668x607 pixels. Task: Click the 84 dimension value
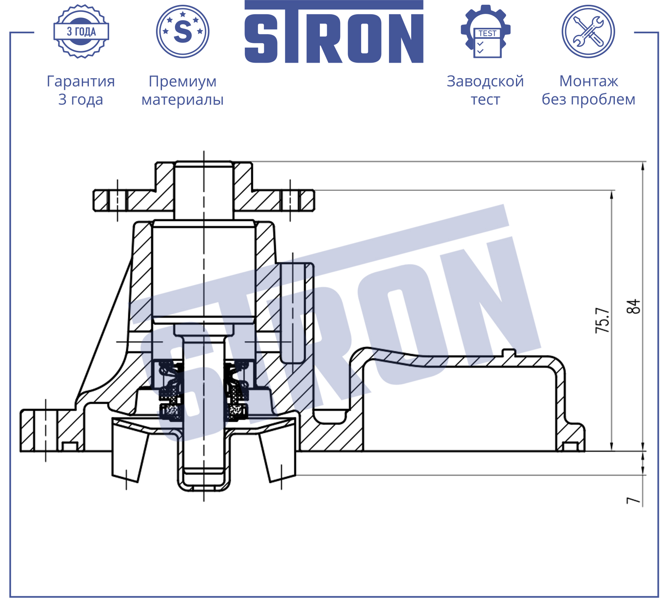[633, 307]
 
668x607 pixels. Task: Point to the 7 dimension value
[633, 501]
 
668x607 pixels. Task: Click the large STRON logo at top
[334, 32]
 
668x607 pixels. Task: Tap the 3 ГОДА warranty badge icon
[81, 31]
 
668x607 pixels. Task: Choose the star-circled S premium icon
[183, 31]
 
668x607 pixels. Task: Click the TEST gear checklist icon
[486, 31]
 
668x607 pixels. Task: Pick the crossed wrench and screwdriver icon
[588, 31]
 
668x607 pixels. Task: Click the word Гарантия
[81, 81]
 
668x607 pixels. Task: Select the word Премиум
[183, 82]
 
